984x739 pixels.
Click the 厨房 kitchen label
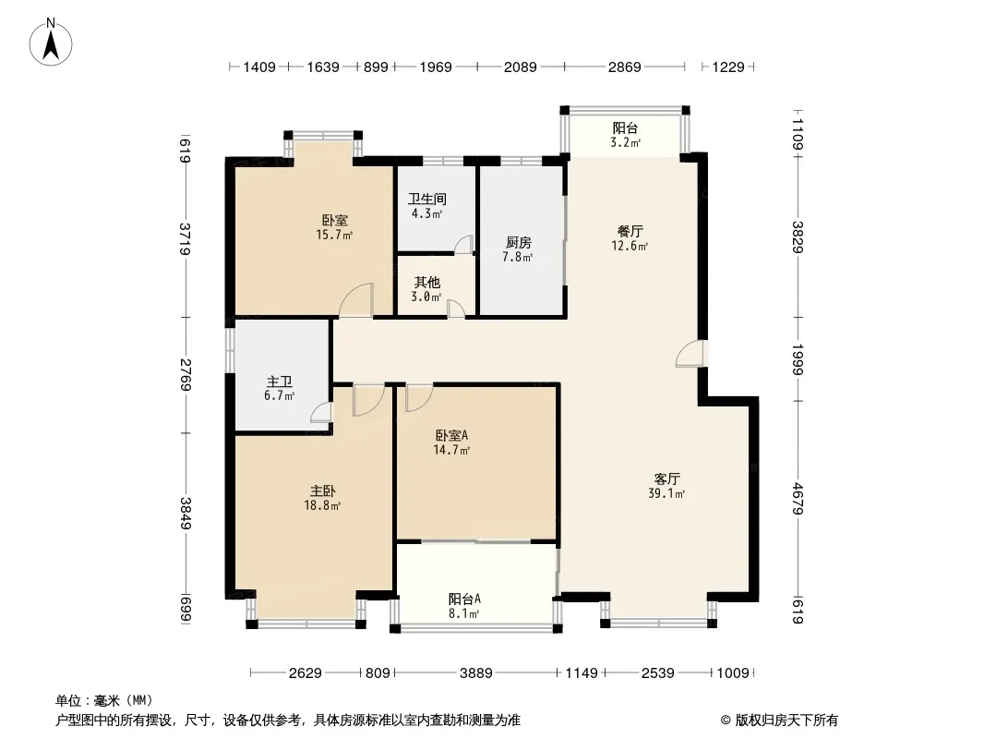tap(519, 243)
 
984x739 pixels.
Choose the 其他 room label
tap(426, 283)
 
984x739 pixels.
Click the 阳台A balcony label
tap(464, 599)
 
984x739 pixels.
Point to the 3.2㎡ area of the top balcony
tap(626, 143)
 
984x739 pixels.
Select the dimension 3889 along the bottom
tap(476, 673)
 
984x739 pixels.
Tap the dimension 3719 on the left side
tap(186, 239)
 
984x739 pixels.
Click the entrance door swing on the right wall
tap(690, 354)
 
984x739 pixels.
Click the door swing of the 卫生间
tap(463, 245)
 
